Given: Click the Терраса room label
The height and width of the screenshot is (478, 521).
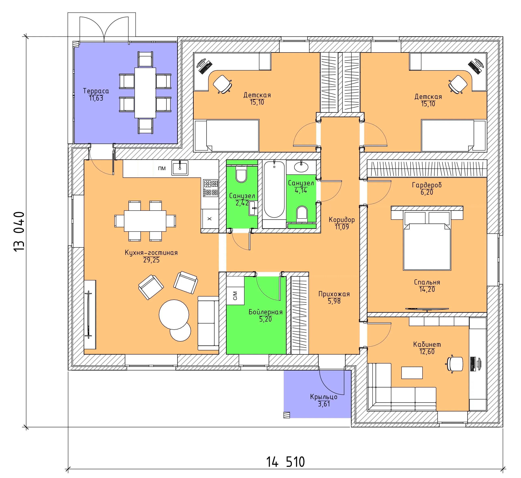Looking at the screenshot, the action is pyautogui.click(x=96, y=91).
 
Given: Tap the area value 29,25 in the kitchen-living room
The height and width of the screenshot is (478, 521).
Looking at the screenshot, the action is pyautogui.click(x=151, y=260).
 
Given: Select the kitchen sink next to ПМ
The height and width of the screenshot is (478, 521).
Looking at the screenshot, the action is pyautogui.click(x=180, y=168).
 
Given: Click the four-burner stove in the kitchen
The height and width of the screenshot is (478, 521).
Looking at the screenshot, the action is pyautogui.click(x=211, y=188).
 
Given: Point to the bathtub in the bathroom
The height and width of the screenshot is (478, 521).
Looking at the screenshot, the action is pyautogui.click(x=274, y=189).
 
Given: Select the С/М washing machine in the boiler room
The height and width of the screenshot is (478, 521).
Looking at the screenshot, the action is pyautogui.click(x=235, y=296).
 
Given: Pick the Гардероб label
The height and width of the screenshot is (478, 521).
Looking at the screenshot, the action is pyautogui.click(x=427, y=185).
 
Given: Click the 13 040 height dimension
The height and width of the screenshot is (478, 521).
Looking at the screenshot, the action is pyautogui.click(x=19, y=231).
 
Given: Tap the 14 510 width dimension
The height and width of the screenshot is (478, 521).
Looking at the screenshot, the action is pyautogui.click(x=286, y=462).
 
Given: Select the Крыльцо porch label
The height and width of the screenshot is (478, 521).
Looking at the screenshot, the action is pyautogui.click(x=324, y=397).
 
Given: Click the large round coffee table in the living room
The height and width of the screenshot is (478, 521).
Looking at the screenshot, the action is pyautogui.click(x=174, y=315).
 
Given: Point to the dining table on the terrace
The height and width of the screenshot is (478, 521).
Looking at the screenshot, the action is pyautogui.click(x=145, y=93).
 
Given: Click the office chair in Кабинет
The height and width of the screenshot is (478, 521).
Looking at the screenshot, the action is pyautogui.click(x=455, y=364).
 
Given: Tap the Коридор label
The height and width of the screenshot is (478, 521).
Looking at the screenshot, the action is pyautogui.click(x=342, y=220).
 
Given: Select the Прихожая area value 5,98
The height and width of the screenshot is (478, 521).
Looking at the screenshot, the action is pyautogui.click(x=334, y=301).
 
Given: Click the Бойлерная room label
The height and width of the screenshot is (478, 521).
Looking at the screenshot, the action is pyautogui.click(x=265, y=312).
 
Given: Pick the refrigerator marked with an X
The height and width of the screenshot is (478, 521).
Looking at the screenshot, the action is pyautogui.click(x=210, y=219).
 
